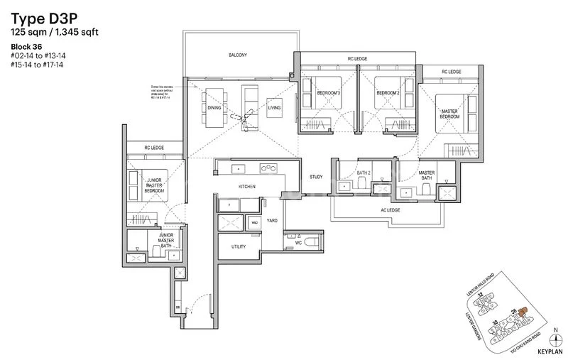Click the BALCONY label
click(x=238, y=54)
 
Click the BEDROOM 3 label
click(x=329, y=92)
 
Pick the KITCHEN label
click(x=247, y=186)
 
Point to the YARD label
click(x=271, y=221)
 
